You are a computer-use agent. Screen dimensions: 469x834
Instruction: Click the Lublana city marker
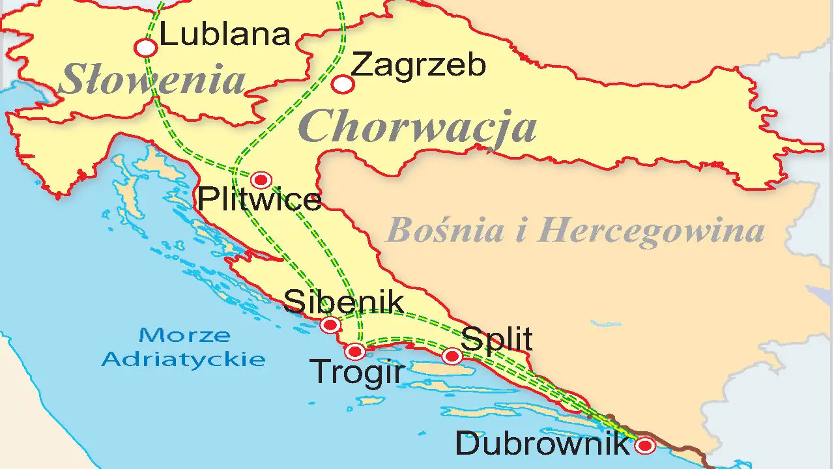click(x=146, y=48)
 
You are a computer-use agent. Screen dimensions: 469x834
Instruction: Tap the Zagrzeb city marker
click(x=343, y=84)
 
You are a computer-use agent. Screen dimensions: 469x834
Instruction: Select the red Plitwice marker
click(x=261, y=180)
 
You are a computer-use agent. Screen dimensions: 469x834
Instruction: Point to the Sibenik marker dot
click(x=330, y=324)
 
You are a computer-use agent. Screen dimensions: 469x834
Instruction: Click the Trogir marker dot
click(x=355, y=352)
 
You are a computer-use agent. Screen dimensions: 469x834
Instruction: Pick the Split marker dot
click(x=452, y=356)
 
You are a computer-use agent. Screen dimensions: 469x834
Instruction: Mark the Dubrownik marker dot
click(x=645, y=446)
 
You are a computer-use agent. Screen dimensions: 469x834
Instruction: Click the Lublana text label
click(x=225, y=34)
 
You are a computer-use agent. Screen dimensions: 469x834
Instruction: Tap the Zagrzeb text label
click(x=418, y=65)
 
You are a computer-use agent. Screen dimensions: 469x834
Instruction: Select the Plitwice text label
click(x=259, y=199)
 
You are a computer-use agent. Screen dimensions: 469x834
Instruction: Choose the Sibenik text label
click(x=344, y=302)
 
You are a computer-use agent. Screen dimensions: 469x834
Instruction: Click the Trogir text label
click(x=357, y=373)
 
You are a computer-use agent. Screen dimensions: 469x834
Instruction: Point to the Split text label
click(x=496, y=339)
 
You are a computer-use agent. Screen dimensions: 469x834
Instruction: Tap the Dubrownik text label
click(x=542, y=444)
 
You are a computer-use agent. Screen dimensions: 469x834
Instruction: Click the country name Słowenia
click(x=152, y=80)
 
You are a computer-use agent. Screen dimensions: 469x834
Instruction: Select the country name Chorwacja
click(x=418, y=126)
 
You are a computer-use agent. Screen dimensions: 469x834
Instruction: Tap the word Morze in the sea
click(x=184, y=335)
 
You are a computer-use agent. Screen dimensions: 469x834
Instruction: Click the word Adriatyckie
click(x=184, y=359)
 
